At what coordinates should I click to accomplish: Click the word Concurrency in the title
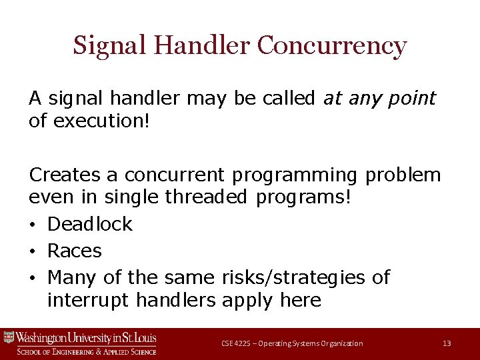point(331,46)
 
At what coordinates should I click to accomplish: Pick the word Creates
point(65,175)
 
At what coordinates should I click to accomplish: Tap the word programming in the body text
point(295,175)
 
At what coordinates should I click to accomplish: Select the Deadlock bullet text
point(90,224)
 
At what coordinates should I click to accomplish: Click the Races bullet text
point(75,251)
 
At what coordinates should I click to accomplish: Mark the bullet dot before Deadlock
point(33,225)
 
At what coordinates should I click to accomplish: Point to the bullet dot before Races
point(33,251)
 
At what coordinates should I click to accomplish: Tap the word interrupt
point(88,300)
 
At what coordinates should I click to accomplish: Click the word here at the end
point(300,300)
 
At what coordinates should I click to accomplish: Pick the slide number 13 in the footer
point(447,343)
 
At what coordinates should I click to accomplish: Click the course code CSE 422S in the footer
point(236,343)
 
